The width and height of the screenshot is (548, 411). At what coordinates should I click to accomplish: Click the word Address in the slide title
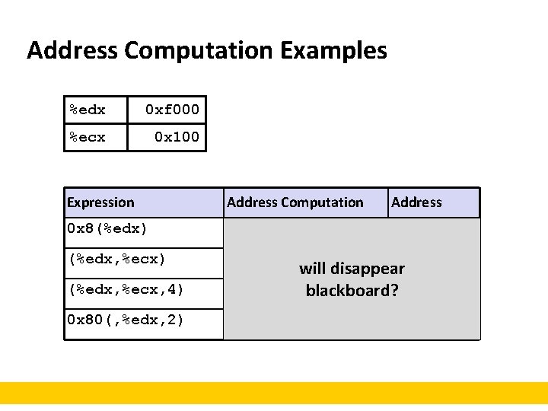pyautogui.click(x=72, y=51)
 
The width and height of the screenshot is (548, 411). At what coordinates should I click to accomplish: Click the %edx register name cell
pyautogui.click(x=88, y=110)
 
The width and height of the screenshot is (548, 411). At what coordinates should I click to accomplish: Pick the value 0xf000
pyautogui.click(x=173, y=110)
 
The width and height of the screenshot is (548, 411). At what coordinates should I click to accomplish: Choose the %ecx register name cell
pyautogui.click(x=88, y=137)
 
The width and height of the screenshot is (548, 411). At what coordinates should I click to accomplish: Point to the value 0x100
pyautogui.click(x=177, y=137)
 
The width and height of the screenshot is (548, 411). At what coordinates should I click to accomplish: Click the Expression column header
pyautogui.click(x=100, y=202)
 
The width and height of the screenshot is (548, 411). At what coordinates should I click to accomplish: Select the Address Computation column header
pyautogui.click(x=295, y=202)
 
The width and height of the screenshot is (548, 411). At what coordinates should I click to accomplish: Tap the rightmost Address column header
pyautogui.click(x=416, y=202)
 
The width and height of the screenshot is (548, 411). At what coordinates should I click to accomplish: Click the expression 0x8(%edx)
pyautogui.click(x=107, y=228)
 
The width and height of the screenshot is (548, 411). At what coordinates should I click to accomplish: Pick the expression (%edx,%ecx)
pyautogui.click(x=116, y=259)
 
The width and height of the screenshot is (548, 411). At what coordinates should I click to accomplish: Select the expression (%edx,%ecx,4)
pyautogui.click(x=126, y=289)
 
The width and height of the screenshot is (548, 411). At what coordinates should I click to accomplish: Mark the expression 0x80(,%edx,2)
pyautogui.click(x=126, y=320)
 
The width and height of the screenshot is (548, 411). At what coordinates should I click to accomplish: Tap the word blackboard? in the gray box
pyautogui.click(x=352, y=291)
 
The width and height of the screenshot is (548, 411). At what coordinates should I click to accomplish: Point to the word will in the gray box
pyautogui.click(x=313, y=269)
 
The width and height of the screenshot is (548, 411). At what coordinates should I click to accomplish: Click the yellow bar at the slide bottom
pyautogui.click(x=274, y=393)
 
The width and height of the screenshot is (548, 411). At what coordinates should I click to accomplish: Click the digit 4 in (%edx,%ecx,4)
pyautogui.click(x=170, y=289)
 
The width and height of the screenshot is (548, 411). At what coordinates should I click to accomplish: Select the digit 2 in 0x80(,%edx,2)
pyautogui.click(x=170, y=320)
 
